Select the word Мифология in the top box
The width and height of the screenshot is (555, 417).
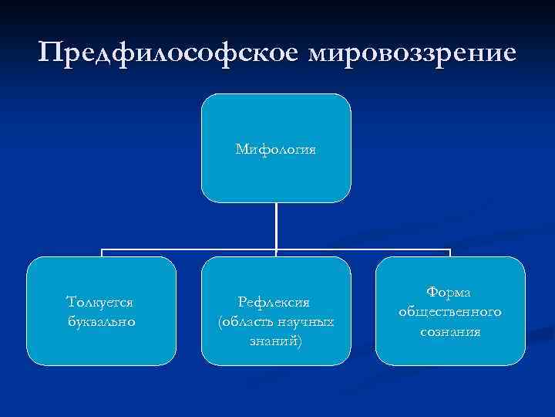point(276,148)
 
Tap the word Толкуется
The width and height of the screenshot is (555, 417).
point(101,302)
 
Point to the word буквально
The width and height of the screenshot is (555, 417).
point(101,320)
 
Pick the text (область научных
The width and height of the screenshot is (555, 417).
point(276,320)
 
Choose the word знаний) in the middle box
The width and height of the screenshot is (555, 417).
point(276,339)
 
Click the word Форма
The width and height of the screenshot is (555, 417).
point(450,293)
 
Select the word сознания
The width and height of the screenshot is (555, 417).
point(450,331)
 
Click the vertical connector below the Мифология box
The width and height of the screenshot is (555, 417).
point(276,225)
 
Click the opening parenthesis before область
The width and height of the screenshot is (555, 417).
point(221,321)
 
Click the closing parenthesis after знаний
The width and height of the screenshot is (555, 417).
point(300,340)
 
